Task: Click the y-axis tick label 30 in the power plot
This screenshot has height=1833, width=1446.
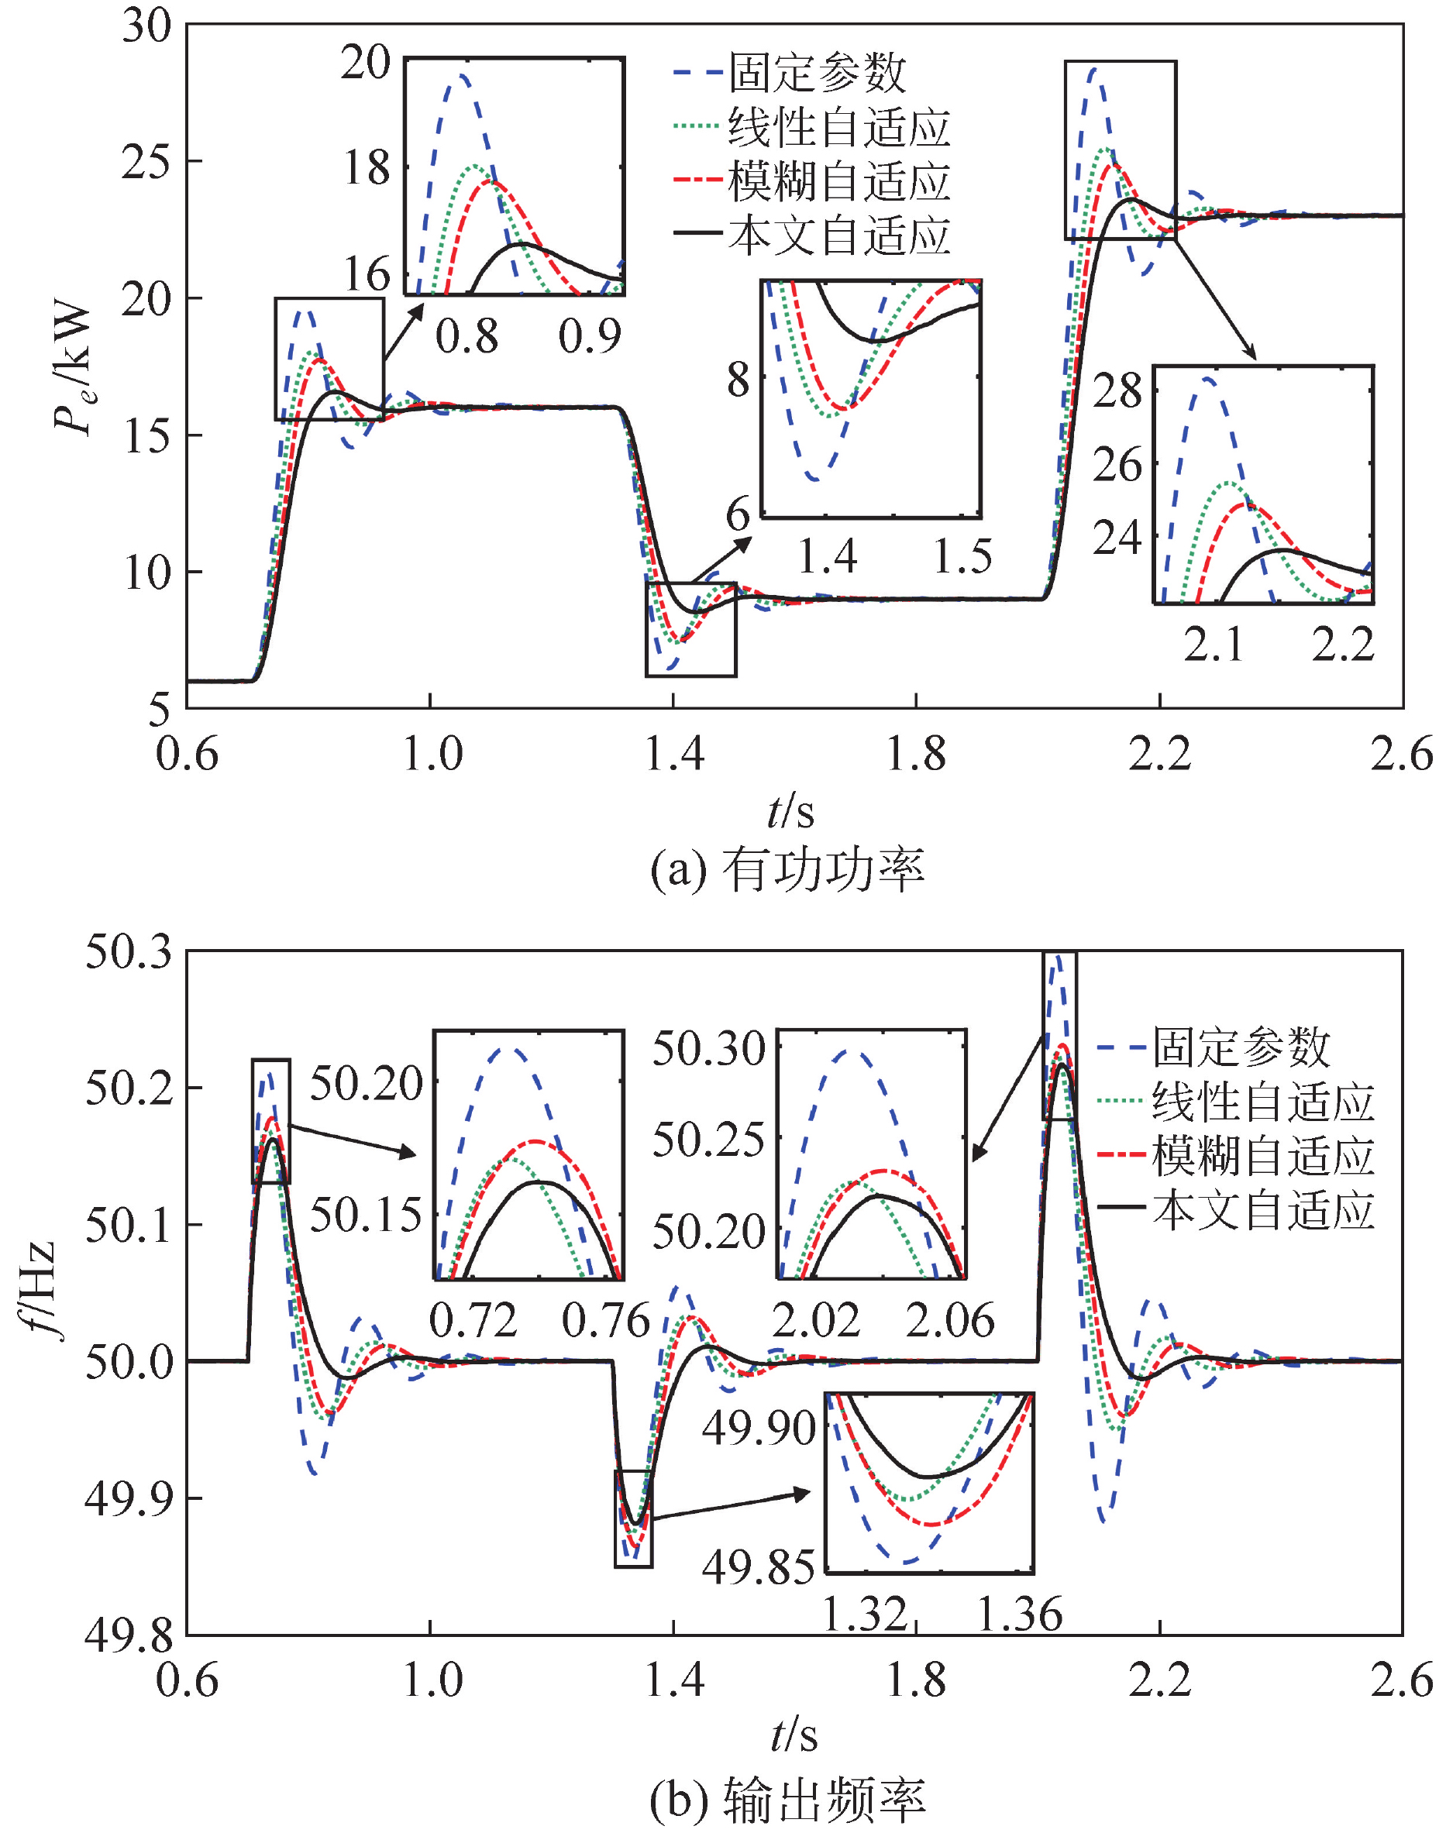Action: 146,26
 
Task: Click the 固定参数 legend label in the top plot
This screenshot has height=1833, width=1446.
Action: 817,73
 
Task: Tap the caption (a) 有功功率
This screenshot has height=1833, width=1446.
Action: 787,869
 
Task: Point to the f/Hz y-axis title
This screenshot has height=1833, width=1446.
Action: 38,1291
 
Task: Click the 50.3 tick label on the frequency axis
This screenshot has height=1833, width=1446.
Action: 128,952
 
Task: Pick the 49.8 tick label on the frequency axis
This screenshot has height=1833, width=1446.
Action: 128,1635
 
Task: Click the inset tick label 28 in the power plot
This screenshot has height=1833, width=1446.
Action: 1117,391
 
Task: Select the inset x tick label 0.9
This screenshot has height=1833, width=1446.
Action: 589,337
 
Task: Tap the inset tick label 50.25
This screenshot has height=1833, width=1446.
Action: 708,1140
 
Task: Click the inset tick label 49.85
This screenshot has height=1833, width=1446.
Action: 758,1566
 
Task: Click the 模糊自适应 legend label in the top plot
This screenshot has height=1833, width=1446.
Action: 839,182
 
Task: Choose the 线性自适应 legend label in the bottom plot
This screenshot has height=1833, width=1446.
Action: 1263,1102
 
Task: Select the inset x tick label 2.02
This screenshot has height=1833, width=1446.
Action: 816,1321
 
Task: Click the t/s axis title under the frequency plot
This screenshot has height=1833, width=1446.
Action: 794,1736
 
